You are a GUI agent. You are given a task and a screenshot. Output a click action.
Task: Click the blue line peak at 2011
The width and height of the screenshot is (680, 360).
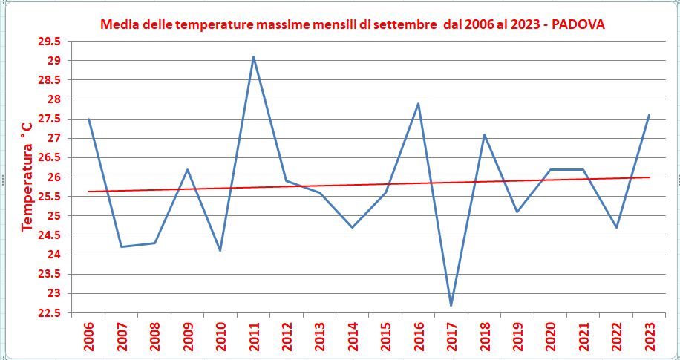pos(253,56)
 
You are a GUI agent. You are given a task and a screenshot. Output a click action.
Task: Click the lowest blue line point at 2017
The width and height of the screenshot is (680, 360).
pos(451,305)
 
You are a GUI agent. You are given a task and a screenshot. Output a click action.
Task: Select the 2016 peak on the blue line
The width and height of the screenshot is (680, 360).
pos(418,103)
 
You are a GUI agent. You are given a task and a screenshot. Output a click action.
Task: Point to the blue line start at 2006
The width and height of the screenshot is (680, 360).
pos(89,119)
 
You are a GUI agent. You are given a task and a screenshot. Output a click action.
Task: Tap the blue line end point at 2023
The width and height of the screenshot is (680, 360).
pos(649,115)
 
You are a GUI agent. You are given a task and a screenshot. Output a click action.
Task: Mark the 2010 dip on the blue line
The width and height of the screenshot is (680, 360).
pos(220,250)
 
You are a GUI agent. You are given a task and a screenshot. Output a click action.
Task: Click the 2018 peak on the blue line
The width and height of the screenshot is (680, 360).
pos(484,134)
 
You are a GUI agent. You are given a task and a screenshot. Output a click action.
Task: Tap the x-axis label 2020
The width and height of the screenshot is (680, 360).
pos(550,337)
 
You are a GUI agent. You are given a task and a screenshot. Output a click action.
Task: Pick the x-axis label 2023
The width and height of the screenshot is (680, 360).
pos(650,337)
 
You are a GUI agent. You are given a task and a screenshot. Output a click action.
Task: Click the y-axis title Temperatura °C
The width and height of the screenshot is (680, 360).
pos(27,177)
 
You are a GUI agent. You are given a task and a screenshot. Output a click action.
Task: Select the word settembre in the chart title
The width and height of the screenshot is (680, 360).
pos(404,25)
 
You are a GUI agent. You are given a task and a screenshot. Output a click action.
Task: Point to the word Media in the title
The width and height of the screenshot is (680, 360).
pos(117,25)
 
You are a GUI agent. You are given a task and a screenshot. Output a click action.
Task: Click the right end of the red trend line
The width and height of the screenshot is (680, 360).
pos(650,177)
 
